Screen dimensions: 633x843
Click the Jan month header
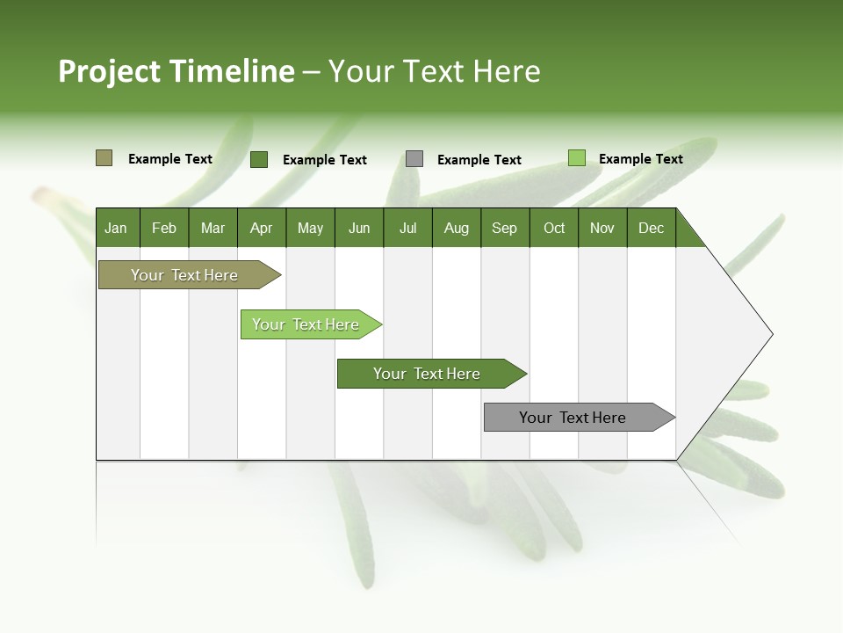pos(117,228)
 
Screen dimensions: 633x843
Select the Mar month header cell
pos(213,228)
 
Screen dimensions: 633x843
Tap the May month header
pos(310,228)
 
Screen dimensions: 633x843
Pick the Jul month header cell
pos(407,228)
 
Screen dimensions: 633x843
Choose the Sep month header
pos(504,228)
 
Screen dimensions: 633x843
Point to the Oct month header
pos(553,228)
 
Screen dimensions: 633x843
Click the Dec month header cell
pos(651,228)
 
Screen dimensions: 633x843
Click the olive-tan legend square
pos(104,158)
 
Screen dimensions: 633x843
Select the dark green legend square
pos(259,159)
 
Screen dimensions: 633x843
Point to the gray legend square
pos(414,159)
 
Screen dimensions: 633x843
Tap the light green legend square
pos(576,158)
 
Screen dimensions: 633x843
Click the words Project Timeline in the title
pos(176,71)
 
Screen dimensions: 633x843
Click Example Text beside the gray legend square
pos(479,160)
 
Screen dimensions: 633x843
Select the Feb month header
pos(164,228)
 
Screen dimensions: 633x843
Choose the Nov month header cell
pos(602,228)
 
